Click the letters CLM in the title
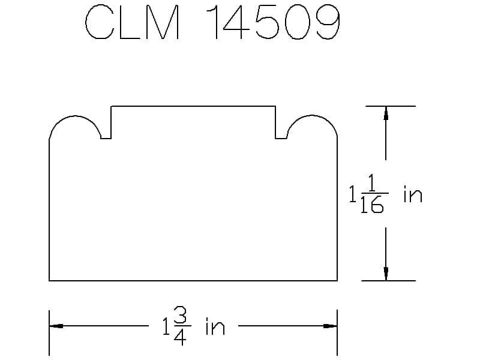tap(132, 23)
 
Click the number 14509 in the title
tap(273, 22)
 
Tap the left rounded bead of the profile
tap(75, 116)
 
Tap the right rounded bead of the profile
tap(312, 116)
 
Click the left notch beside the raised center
tap(106, 139)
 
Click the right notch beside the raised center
tap(281, 139)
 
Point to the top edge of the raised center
tap(193, 106)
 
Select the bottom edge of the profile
tap(193, 280)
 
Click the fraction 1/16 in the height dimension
tap(373, 193)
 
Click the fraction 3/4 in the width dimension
tap(181, 326)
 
